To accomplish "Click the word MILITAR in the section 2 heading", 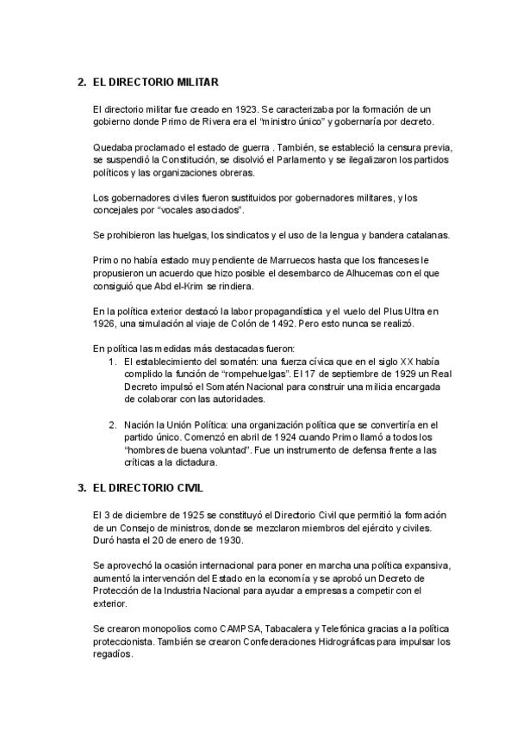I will (196, 83).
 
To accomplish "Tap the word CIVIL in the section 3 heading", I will (187, 488).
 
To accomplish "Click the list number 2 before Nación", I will (112, 424).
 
